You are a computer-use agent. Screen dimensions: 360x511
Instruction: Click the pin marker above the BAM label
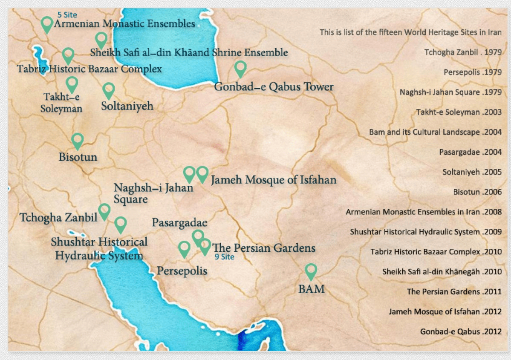coord(311,271)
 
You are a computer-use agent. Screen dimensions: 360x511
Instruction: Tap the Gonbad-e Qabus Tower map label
coord(274,87)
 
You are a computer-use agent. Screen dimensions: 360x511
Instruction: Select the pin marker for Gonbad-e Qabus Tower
coord(241,68)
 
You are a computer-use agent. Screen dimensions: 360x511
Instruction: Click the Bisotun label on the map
coord(78,157)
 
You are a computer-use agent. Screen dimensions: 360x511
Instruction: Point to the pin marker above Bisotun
coord(77,140)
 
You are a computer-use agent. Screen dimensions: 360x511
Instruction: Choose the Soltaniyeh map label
coord(127,106)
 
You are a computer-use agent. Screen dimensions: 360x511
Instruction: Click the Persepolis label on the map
coord(182,271)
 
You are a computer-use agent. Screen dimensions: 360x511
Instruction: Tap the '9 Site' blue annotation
coord(224,257)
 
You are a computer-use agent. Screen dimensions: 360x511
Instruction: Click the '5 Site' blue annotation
coord(67,15)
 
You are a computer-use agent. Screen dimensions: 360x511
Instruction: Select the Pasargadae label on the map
coord(179,223)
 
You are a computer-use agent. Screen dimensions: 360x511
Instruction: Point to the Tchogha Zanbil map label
coord(58,218)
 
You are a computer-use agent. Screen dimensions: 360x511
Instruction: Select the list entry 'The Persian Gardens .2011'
coord(454,292)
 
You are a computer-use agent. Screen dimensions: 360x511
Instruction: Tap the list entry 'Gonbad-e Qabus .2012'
coord(461,331)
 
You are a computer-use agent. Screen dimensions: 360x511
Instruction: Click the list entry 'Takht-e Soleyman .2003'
coord(459,112)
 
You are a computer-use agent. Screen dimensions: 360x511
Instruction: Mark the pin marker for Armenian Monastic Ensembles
coord(47,24)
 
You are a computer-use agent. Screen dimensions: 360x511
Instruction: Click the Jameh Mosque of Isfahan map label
coord(274,180)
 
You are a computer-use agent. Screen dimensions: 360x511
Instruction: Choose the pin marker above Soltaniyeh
coord(109,90)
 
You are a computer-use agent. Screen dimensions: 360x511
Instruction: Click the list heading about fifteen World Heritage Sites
coord(410,32)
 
